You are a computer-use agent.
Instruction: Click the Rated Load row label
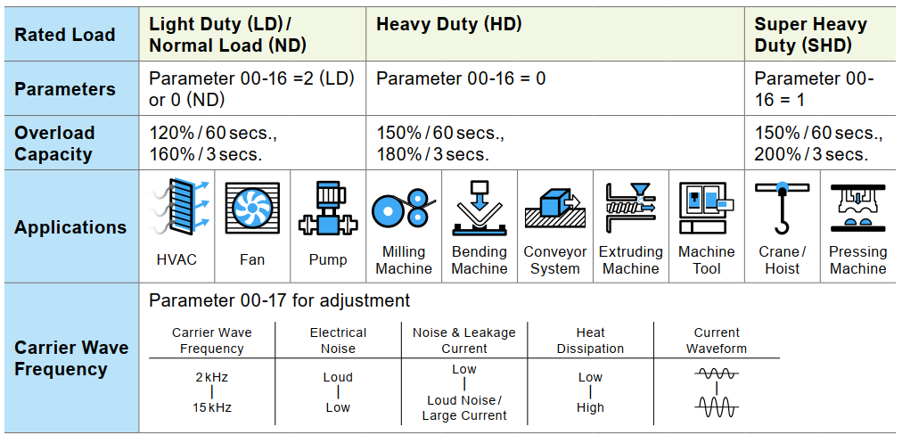pos(65,35)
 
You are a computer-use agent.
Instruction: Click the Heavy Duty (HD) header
pos(448,24)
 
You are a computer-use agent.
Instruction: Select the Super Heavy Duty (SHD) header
pos(810,35)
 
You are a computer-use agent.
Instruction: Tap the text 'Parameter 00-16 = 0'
pos(461,78)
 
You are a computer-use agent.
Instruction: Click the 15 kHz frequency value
pos(212,407)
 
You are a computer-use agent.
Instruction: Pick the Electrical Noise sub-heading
pos(338,341)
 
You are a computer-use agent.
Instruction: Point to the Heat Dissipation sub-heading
pos(590,341)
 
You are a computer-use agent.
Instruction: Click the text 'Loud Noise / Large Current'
pos(464,407)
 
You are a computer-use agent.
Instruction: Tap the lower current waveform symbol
pos(717,408)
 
